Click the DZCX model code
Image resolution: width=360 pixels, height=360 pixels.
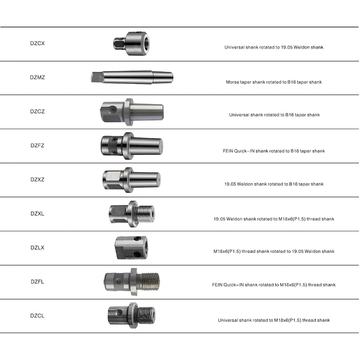coord(37,43)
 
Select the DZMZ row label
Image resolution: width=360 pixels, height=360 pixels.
coord(37,77)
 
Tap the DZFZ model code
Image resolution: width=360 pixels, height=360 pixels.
coord(37,145)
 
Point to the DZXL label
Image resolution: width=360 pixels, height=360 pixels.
coord(37,214)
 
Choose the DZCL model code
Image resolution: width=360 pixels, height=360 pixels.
coord(37,316)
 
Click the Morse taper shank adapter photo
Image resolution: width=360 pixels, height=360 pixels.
coord(132,77)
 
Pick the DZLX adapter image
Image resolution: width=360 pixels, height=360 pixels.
coord(131,248)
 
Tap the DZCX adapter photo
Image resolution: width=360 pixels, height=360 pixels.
coord(131,43)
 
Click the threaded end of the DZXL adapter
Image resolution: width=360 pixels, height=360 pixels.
coord(146,214)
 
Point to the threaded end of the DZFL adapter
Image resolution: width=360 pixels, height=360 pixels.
coord(150,282)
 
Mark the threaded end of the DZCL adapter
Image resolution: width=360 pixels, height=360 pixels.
coord(146,315)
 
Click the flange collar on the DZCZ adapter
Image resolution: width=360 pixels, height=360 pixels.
coord(129,112)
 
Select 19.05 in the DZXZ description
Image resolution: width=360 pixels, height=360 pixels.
coord(230,184)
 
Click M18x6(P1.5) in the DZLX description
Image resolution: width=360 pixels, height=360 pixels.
coord(227,251)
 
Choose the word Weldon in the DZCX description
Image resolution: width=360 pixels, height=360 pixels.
coord(301,47)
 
